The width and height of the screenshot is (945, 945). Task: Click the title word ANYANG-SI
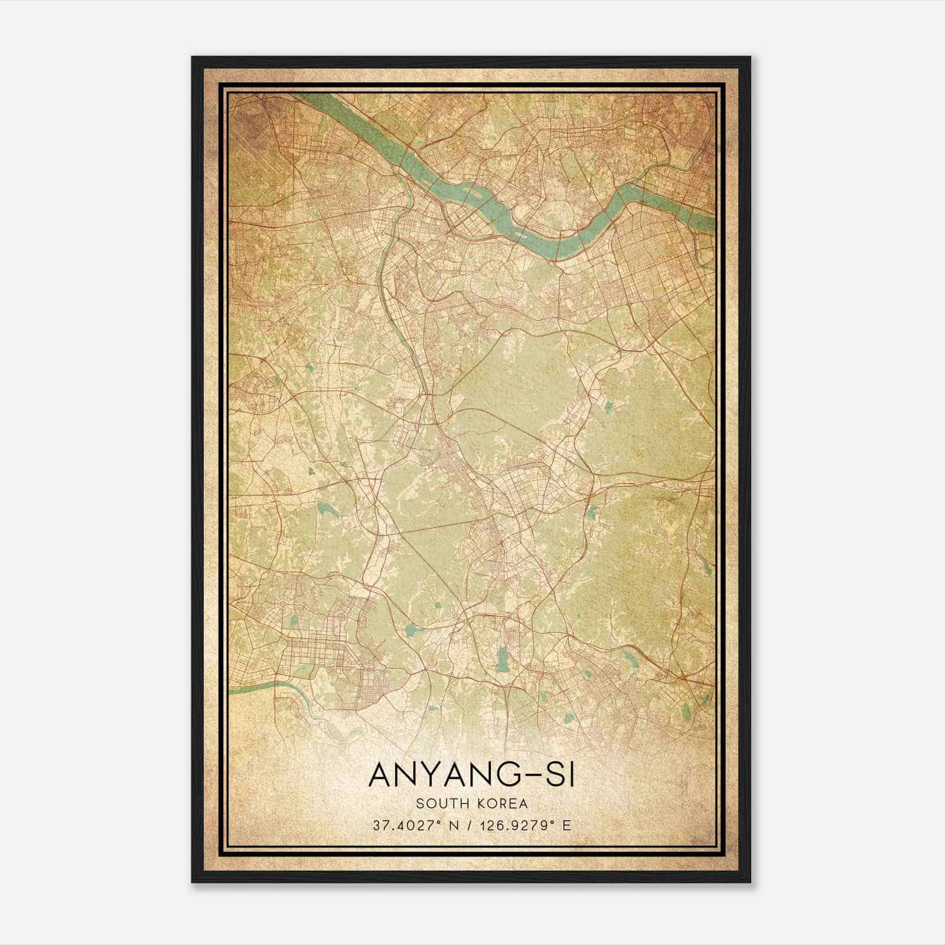coord(471,775)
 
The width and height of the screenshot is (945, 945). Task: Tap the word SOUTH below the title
coord(439,804)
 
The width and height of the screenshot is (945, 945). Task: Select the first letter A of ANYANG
coord(381,775)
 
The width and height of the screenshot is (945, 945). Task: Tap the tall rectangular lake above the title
coord(503,659)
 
